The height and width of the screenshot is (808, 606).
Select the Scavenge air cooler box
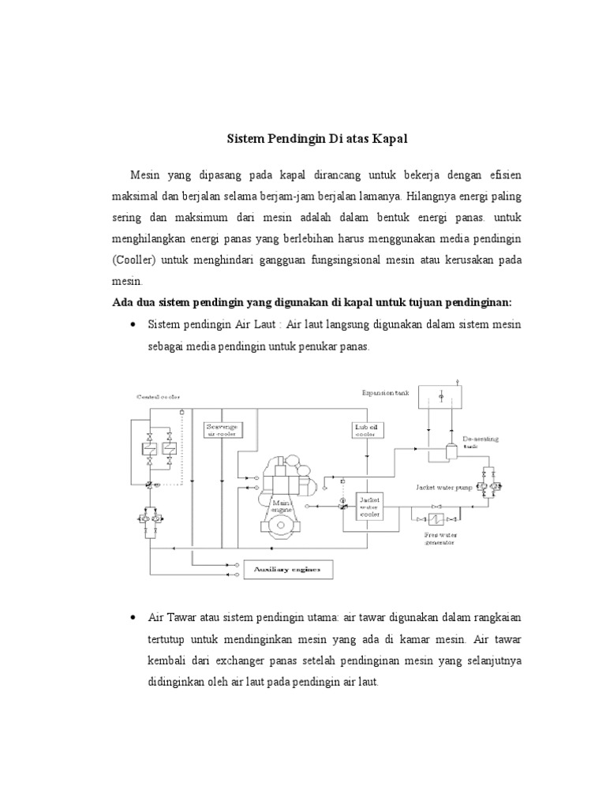(222, 428)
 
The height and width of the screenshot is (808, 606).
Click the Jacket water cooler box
(369, 507)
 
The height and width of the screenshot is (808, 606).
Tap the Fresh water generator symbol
(433, 520)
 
